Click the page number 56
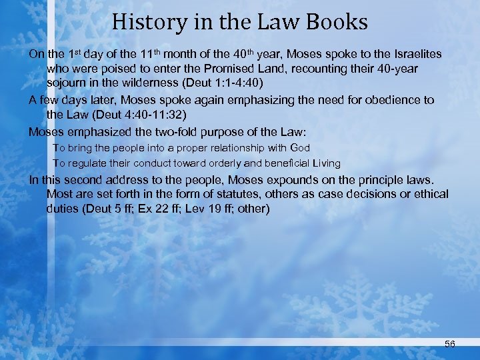click(449, 343)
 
